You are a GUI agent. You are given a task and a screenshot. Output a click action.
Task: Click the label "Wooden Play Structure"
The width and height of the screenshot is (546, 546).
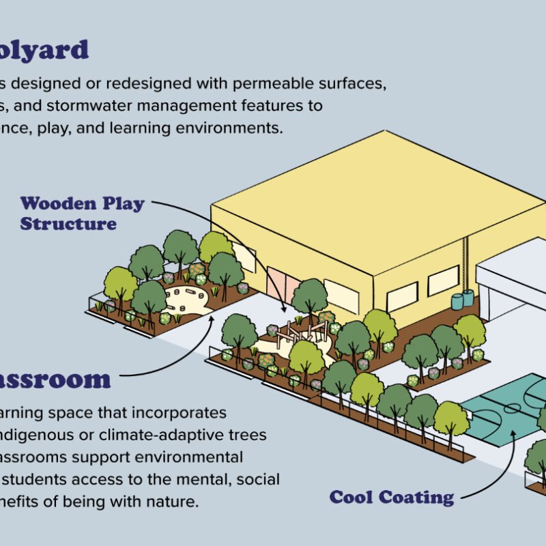click(82, 213)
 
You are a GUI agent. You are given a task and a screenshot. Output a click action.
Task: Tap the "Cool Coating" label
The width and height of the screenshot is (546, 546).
click(391, 497)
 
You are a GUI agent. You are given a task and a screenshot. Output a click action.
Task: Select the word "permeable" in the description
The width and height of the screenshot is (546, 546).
click(276, 84)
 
